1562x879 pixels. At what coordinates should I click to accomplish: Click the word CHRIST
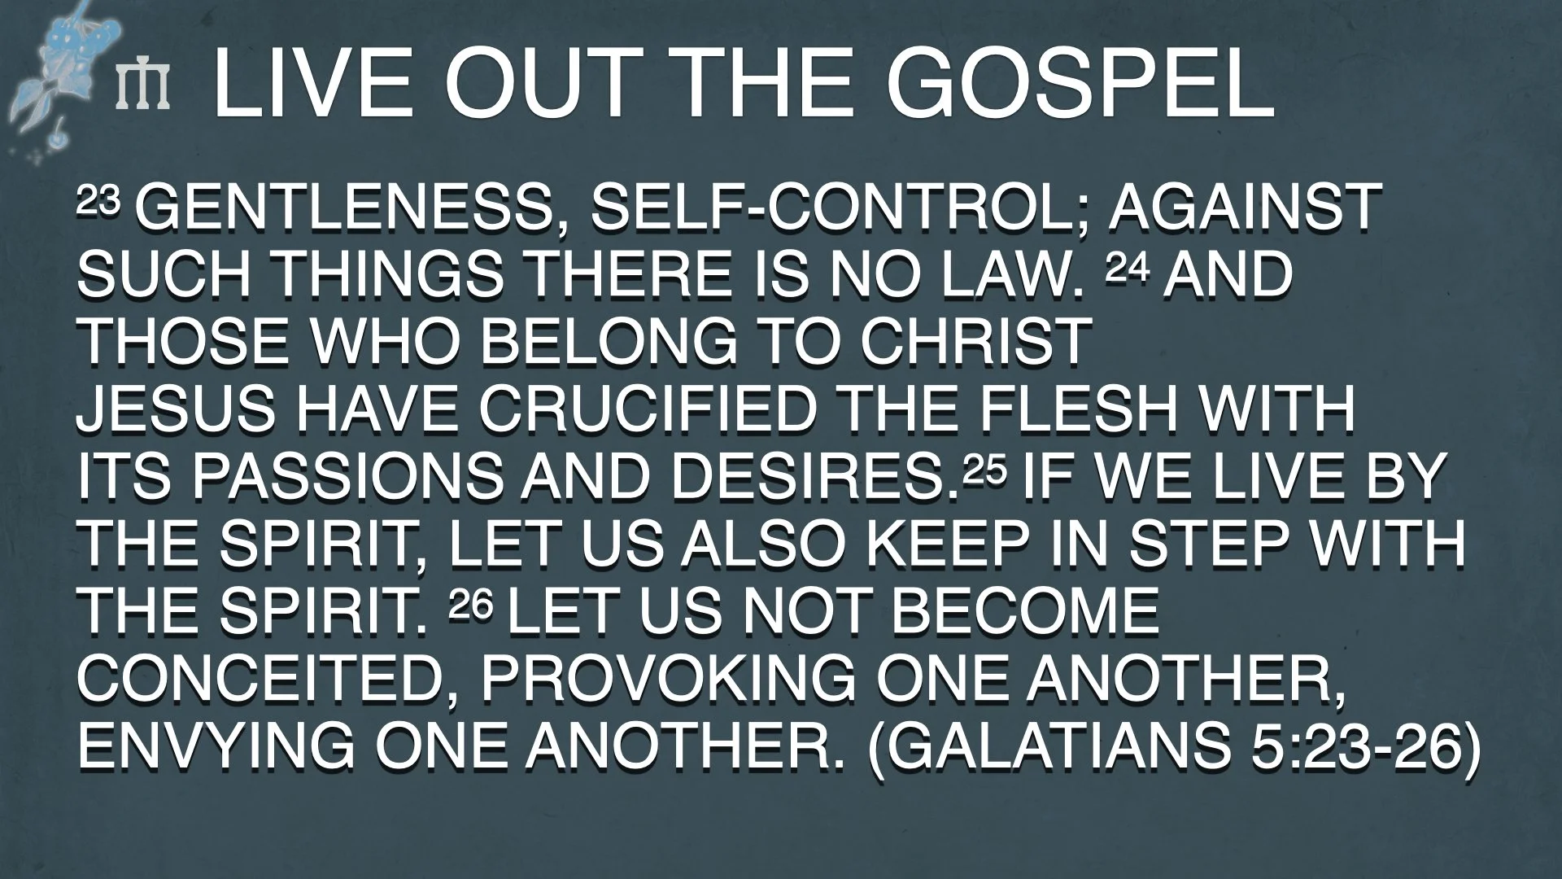coord(976,343)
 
